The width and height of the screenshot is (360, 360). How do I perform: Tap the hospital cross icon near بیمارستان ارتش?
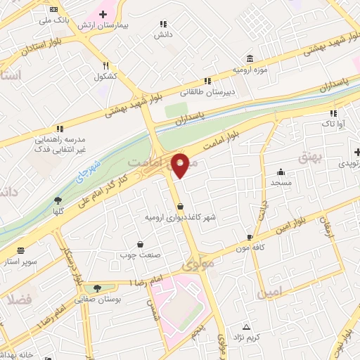pyautogui.click(x=103, y=14)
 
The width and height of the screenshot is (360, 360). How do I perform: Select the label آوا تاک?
pyautogui.click(x=333, y=123)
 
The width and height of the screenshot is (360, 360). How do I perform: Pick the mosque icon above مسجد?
pyautogui.click(x=281, y=172)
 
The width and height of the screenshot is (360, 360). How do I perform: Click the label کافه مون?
pyautogui.click(x=249, y=248)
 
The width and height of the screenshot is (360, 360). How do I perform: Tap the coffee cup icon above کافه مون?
pyautogui.click(x=249, y=238)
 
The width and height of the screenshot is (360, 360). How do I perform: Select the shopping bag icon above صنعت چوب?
pyautogui.click(x=141, y=245)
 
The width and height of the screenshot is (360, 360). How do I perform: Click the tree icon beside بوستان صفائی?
pyautogui.click(x=97, y=288)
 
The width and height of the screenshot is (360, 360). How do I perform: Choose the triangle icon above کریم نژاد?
pyautogui.click(x=246, y=327)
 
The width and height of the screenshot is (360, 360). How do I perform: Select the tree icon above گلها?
pyautogui.click(x=58, y=200)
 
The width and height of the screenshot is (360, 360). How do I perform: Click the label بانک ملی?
pyautogui.click(x=56, y=20)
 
